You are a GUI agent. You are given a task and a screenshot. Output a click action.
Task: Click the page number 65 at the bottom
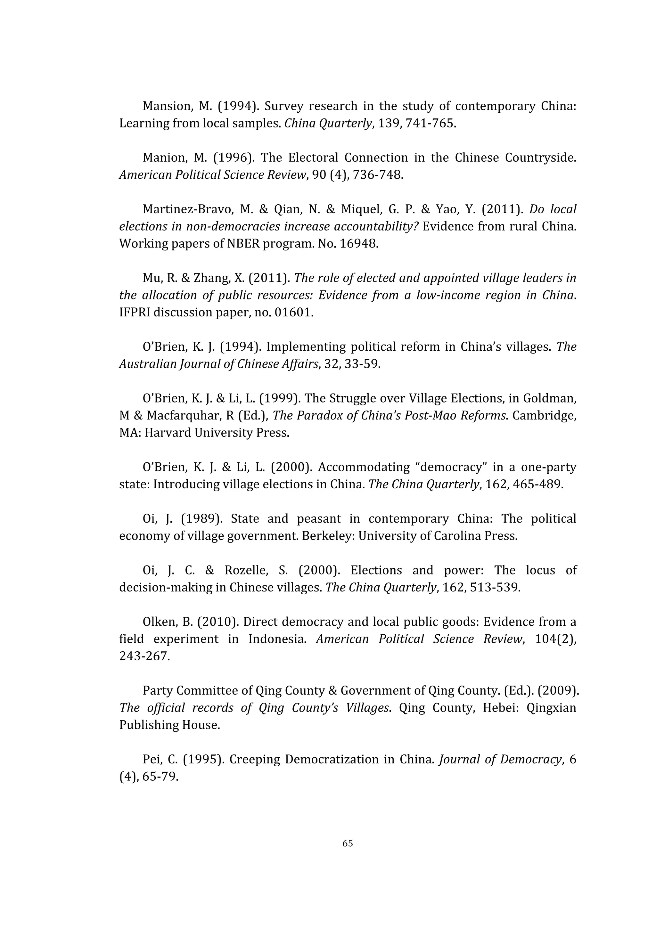[x=348, y=843]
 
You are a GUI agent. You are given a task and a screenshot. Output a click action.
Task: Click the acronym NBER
[x=244, y=244]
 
